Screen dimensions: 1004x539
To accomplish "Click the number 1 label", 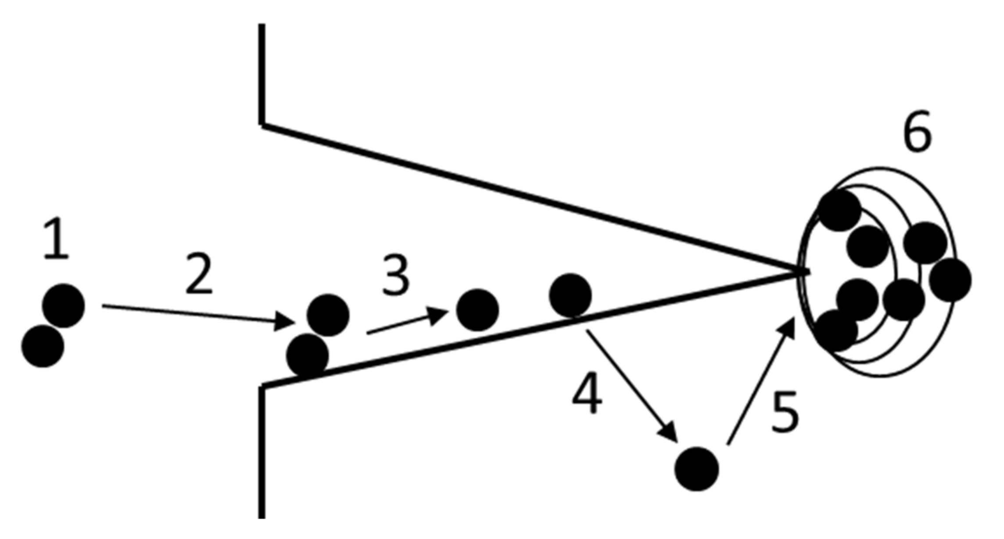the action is point(56,240).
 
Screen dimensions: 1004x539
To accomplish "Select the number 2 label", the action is point(199,274).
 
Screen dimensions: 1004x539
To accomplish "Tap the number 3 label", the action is point(396,276).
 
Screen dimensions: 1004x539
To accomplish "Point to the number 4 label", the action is point(587,394).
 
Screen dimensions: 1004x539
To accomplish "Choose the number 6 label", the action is point(917,132).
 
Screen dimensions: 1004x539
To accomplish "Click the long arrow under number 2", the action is point(197,315).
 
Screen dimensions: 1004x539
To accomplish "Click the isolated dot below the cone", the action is point(696,469).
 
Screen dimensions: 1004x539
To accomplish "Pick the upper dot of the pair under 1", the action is point(63,305).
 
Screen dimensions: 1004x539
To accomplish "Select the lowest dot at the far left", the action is point(43,346).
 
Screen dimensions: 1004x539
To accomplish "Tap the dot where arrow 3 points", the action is point(477,310).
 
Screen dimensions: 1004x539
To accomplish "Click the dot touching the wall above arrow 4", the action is point(570,295).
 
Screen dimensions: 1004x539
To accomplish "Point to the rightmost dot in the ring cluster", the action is point(950,280).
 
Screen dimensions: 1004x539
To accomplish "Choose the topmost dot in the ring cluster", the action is point(839,210).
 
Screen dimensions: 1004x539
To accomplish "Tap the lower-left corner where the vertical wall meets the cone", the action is point(262,387).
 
